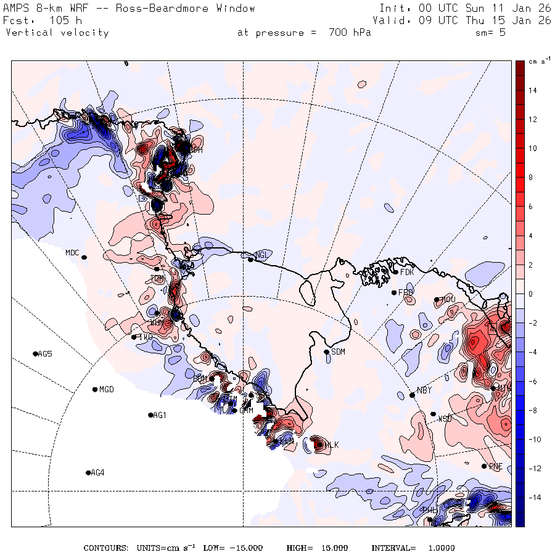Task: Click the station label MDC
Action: tap(72, 253)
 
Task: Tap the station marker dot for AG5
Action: tap(35, 353)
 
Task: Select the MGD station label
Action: tap(107, 390)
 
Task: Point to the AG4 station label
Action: tap(97, 473)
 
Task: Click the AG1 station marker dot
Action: tap(151, 415)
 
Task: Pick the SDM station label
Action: tap(338, 352)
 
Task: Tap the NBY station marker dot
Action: tap(413, 395)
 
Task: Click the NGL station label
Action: tap(262, 255)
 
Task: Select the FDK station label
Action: tap(407, 272)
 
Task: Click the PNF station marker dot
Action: tap(484, 466)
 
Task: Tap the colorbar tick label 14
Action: tap(532, 91)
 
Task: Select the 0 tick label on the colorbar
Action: tap(530, 294)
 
